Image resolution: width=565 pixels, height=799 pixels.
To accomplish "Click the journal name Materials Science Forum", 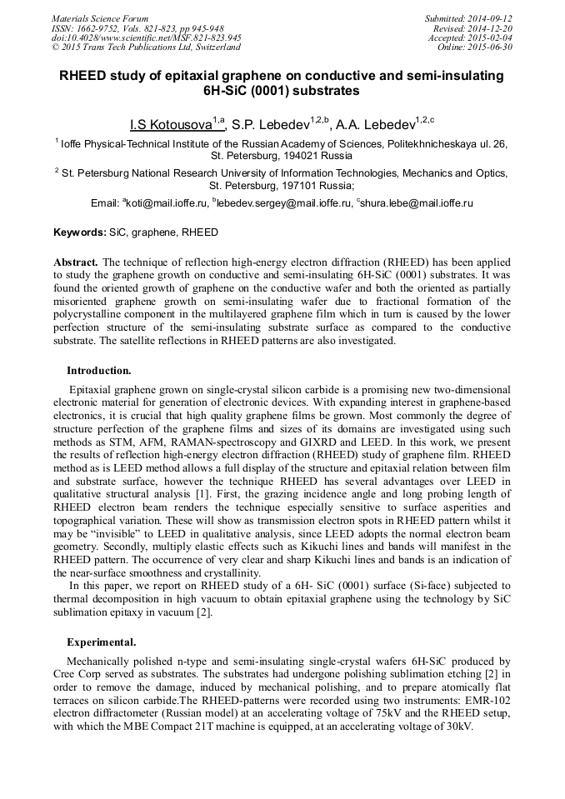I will (100, 18).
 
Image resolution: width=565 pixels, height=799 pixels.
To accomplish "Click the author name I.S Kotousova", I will (172, 125).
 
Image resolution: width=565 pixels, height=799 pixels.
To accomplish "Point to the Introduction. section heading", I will (98, 370).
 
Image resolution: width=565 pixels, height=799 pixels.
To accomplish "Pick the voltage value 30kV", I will (457, 727).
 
